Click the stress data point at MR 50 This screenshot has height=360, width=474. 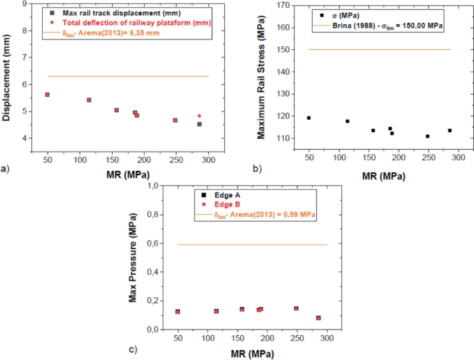(309, 118)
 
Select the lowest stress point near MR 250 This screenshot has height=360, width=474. (428, 136)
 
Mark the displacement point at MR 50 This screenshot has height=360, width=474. (47, 95)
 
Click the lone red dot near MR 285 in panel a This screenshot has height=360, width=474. (199, 116)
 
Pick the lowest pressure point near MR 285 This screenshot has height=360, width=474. (318, 318)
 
